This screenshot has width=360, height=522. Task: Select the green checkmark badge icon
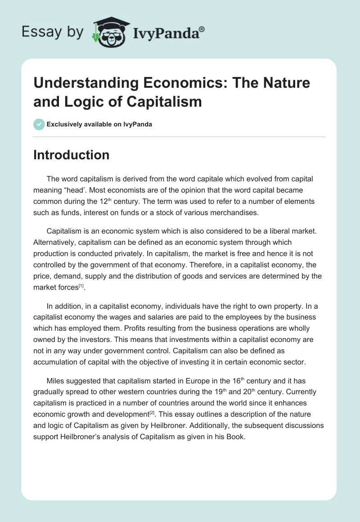pyautogui.click(x=39, y=124)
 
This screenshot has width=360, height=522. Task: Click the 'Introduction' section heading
pyautogui.click(x=72, y=155)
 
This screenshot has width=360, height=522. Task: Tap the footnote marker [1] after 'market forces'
pyautogui.click(x=81, y=286)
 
